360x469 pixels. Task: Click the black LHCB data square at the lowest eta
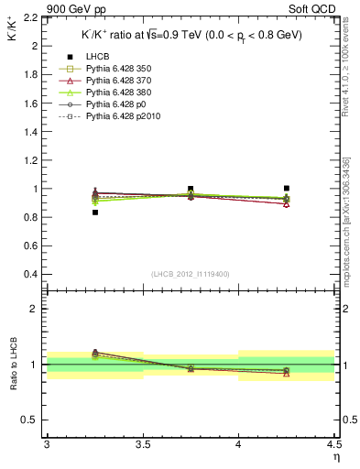click(x=94, y=213)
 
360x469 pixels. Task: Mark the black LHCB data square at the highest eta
click(x=287, y=188)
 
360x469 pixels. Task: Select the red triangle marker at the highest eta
click(x=287, y=203)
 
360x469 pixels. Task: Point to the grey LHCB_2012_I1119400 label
click(x=190, y=274)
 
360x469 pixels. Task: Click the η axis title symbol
click(x=335, y=457)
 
